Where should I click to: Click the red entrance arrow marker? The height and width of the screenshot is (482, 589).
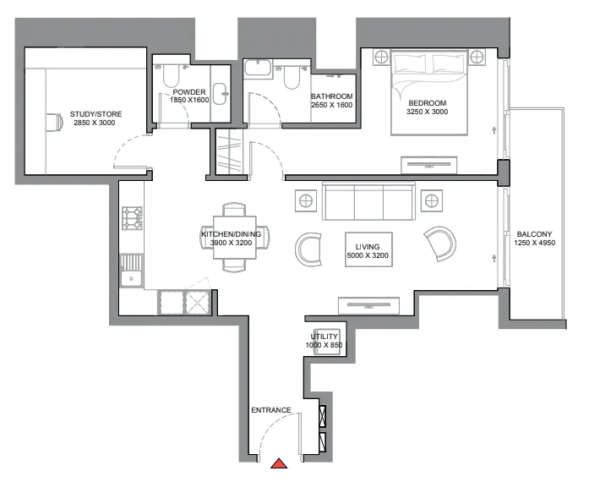pos(280,463)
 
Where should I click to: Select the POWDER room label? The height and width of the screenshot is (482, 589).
pos(189,92)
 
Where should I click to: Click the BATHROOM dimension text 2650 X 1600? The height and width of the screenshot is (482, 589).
pos(331,106)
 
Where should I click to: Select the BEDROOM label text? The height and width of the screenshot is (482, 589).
pos(427,102)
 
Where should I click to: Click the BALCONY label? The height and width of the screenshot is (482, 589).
pos(534,234)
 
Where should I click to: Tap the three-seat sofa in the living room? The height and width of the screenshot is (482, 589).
pos(369,201)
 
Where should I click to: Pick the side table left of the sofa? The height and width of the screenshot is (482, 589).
pos(305,200)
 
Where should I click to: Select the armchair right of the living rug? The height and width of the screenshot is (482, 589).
pos(439,244)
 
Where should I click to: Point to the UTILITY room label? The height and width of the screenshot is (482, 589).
pos(325,337)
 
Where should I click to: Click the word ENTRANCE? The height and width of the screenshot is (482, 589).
pos(271,410)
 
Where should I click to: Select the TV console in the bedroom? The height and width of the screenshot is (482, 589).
pos(428,163)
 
